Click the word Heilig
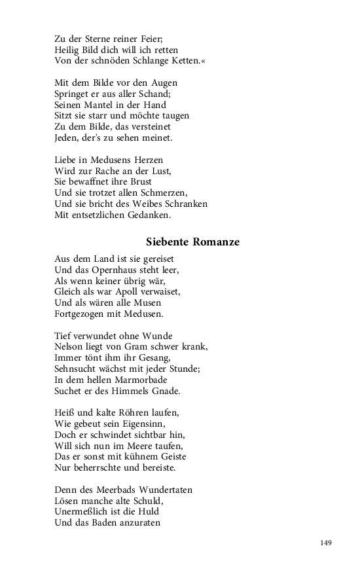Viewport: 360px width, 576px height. pyautogui.click(x=67, y=50)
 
